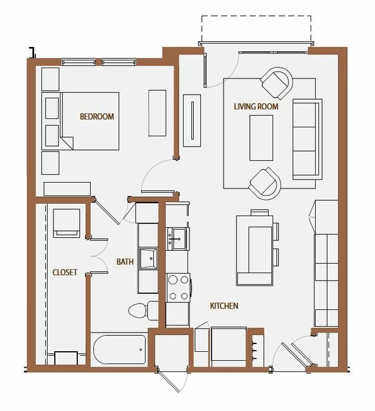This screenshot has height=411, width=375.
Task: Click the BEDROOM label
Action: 97,116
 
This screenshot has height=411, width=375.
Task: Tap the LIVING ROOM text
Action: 256,106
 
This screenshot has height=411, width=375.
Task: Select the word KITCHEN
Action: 224,306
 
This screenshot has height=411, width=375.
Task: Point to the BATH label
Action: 125,262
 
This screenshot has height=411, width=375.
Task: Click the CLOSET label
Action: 64,272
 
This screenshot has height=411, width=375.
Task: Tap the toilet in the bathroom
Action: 143,311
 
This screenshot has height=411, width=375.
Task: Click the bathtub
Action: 119,349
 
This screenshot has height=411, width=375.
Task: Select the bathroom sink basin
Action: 148,259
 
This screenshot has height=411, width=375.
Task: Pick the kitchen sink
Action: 178,239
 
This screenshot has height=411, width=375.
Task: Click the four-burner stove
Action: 178,288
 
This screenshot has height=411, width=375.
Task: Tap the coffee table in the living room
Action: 261,138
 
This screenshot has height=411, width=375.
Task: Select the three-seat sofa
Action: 307,139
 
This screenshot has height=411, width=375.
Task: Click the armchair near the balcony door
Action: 276,83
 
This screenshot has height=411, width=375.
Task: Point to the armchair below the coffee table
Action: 265,184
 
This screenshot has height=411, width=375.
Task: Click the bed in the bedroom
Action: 81,121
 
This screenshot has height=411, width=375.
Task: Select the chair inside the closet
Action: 66,223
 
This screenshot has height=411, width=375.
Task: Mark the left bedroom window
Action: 79,62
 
